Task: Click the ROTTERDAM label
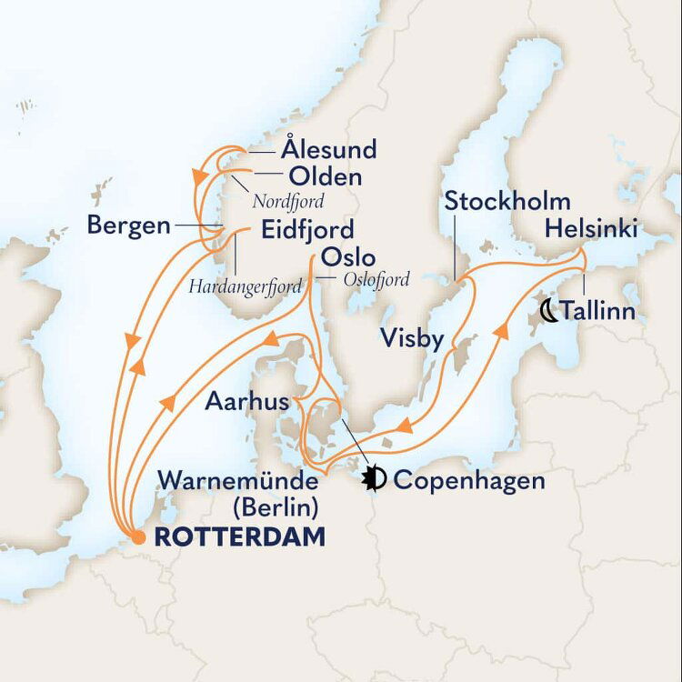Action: tap(239, 537)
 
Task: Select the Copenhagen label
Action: tap(470, 479)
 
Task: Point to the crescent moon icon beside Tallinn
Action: tap(548, 311)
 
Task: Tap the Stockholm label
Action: tap(507, 202)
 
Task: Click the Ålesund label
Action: tap(328, 149)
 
